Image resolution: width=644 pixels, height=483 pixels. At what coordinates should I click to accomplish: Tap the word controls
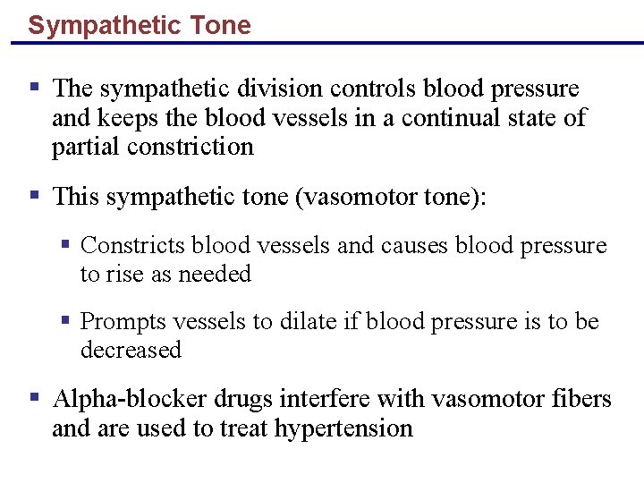(x=375, y=89)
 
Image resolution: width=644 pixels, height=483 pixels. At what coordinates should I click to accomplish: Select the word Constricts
(x=133, y=246)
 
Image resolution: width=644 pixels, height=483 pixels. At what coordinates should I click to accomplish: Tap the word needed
(x=215, y=274)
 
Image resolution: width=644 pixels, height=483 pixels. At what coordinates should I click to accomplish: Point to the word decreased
(x=131, y=350)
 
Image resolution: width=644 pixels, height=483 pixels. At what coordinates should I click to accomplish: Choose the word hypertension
(x=343, y=428)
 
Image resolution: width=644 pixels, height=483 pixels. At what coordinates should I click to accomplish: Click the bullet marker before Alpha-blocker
(x=34, y=396)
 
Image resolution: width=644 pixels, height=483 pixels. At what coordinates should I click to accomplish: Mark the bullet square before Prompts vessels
(x=65, y=319)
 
